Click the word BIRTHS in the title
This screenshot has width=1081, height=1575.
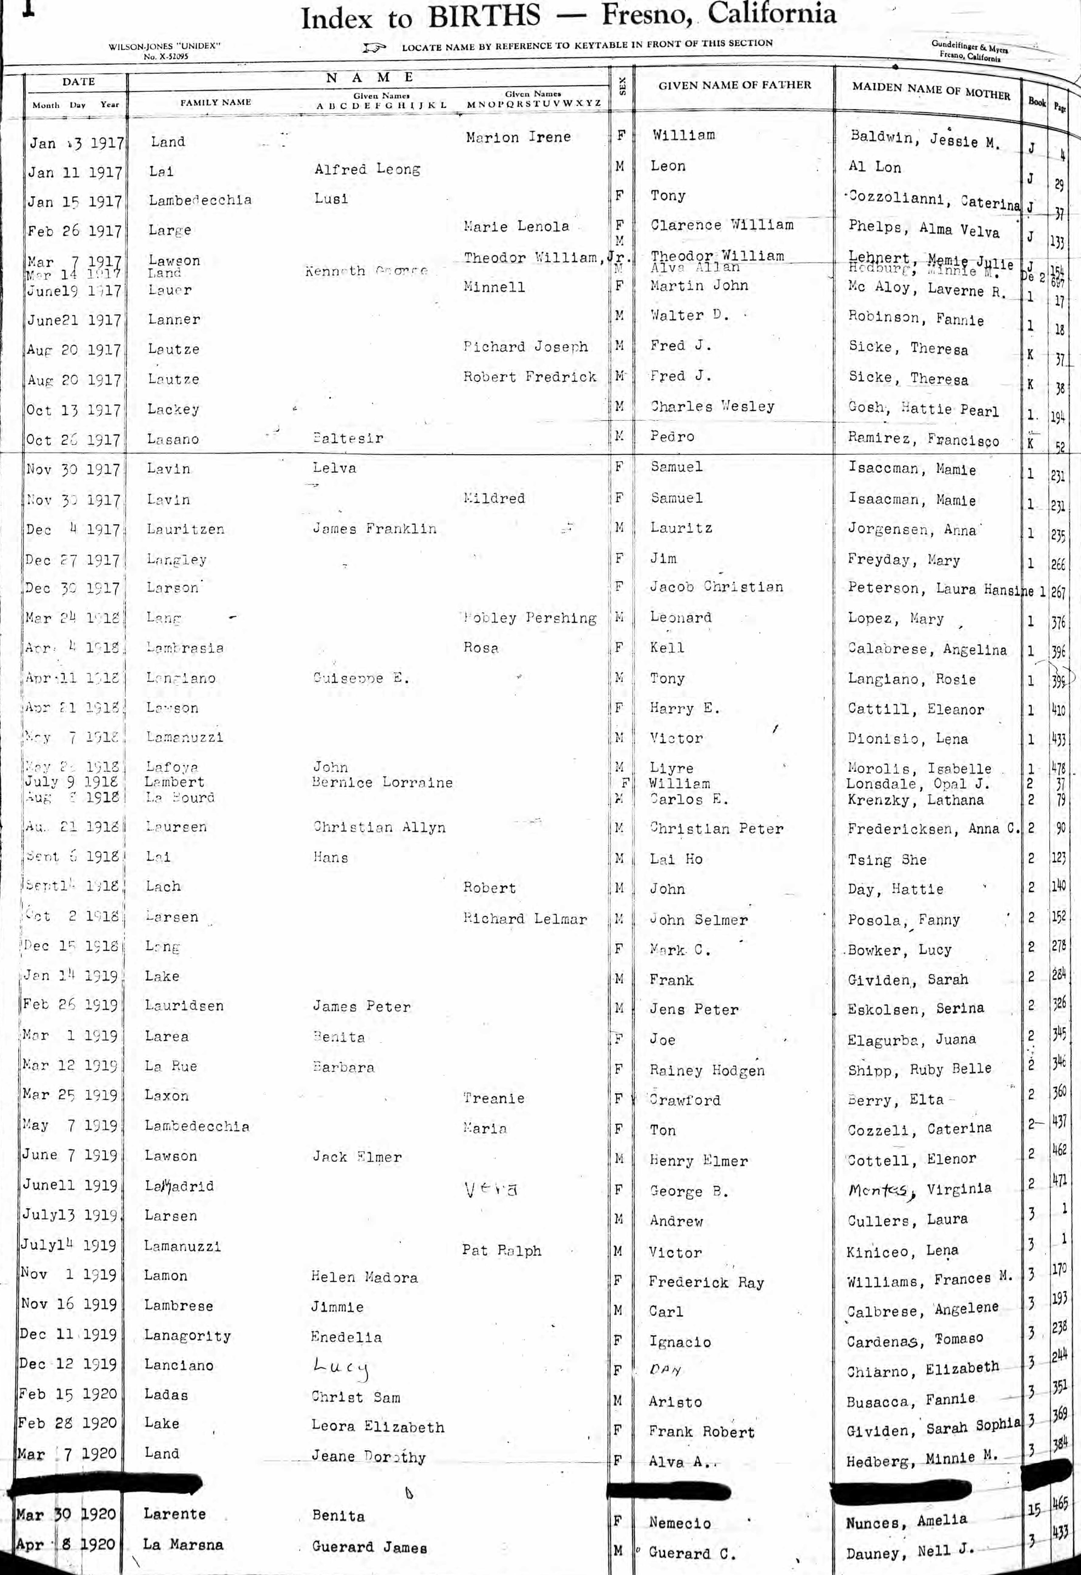point(485,16)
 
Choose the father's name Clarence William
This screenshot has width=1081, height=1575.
point(722,225)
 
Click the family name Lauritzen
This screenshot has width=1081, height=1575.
point(185,529)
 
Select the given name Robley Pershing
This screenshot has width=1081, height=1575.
point(529,618)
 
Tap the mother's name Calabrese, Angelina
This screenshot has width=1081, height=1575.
point(926,649)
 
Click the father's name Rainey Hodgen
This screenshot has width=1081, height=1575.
point(706,1070)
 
